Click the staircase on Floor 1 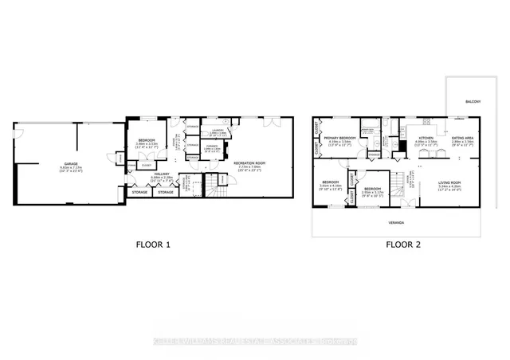tap(213, 190)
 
